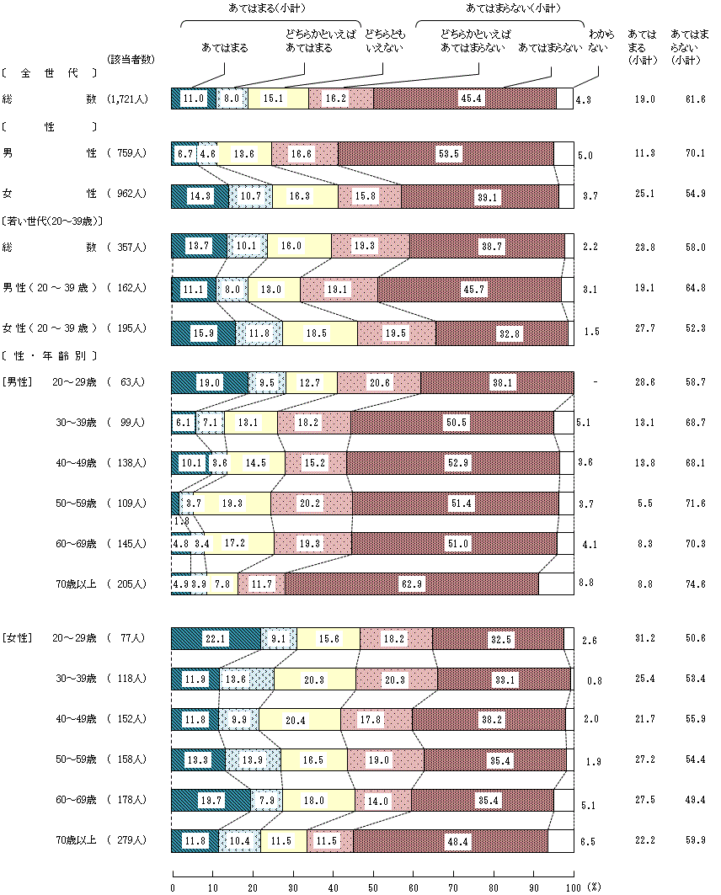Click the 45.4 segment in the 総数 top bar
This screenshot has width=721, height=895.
(x=465, y=99)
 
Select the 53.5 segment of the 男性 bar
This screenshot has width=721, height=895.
(x=446, y=154)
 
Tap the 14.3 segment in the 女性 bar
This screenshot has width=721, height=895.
(x=200, y=195)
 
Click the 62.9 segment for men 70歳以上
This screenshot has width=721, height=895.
(x=411, y=583)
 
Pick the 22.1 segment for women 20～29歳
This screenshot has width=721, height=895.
(x=216, y=639)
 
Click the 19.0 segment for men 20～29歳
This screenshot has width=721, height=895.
(x=210, y=381)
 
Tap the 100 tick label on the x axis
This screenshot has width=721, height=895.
(x=573, y=887)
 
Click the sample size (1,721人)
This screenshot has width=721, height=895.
(x=128, y=99)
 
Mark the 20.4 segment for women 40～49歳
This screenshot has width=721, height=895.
(x=307, y=719)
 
